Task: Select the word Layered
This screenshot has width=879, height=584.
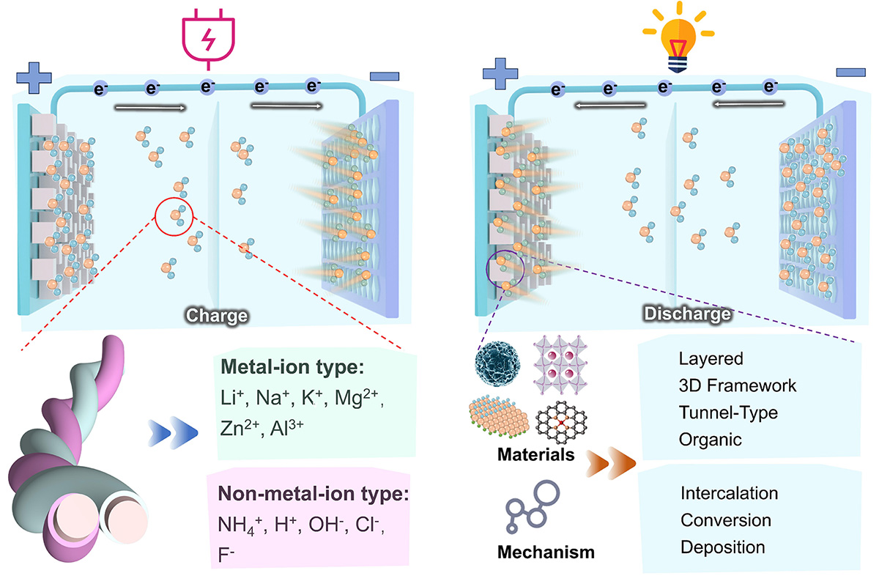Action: (x=711, y=359)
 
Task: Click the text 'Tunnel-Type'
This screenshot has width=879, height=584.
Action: (x=728, y=413)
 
